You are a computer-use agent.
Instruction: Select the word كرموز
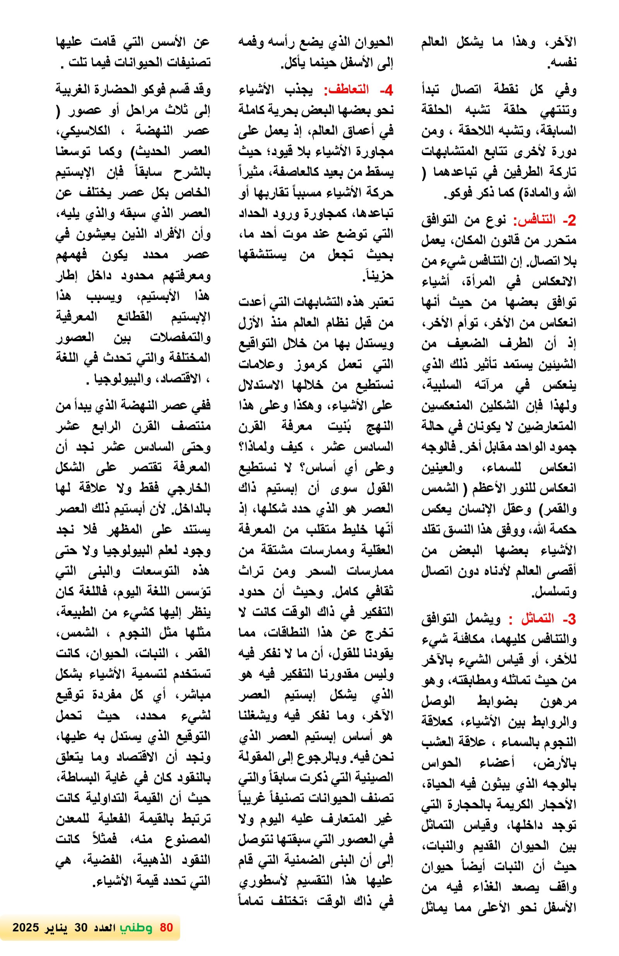click(x=310, y=364)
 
